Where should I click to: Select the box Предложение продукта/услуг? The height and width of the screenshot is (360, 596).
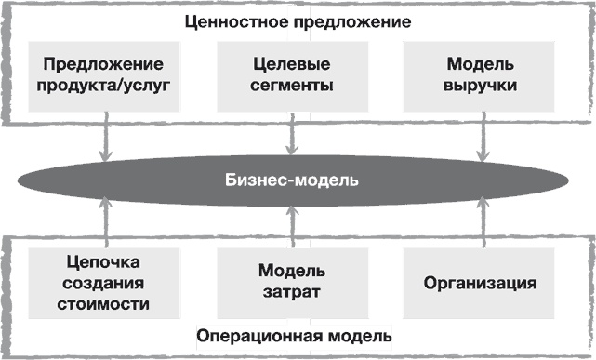103,75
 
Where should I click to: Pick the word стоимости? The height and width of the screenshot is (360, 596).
103,302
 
